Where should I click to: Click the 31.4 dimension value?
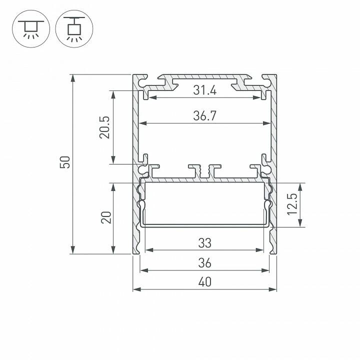tap(204, 91)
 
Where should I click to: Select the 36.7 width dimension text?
tap(204, 116)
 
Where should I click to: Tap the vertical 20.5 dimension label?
tap(104, 127)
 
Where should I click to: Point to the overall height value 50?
tap(64, 162)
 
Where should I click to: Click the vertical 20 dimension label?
tap(105, 217)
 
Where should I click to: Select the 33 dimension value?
tap(204, 243)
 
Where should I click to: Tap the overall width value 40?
tap(204, 282)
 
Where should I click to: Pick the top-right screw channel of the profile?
tap(264, 79)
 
